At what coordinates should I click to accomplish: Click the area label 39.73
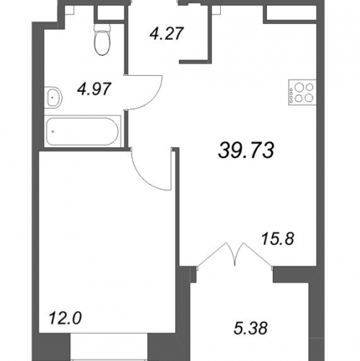pyautogui.click(x=246, y=150)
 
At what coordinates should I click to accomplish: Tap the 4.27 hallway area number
pyautogui.click(x=167, y=33)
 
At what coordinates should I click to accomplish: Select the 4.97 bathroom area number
pyautogui.click(x=95, y=89)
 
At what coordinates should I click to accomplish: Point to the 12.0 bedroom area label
pyautogui.click(x=65, y=318)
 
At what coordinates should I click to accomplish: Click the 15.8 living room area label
pyautogui.click(x=278, y=239)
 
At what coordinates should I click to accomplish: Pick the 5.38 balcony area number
pyautogui.click(x=250, y=328)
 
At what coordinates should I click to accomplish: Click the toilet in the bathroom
pyautogui.click(x=103, y=40)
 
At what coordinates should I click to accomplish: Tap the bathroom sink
pyautogui.click(x=53, y=97)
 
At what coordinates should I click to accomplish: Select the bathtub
pyautogui.click(x=82, y=131)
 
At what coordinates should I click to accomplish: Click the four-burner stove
pyautogui.click(x=302, y=92)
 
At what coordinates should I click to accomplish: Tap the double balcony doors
pyautogui.click(x=235, y=255)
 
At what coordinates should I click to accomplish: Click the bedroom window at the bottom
pyautogui.click(x=109, y=347)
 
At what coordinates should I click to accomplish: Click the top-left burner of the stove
pyautogui.click(x=299, y=87)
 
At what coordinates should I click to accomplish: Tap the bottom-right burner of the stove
pyautogui.click(x=309, y=97)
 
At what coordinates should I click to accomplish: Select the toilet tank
pyautogui.click(x=103, y=27)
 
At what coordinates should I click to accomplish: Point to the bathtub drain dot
pyautogui.click(x=53, y=131)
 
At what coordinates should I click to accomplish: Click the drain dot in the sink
pyautogui.click(x=53, y=97)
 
